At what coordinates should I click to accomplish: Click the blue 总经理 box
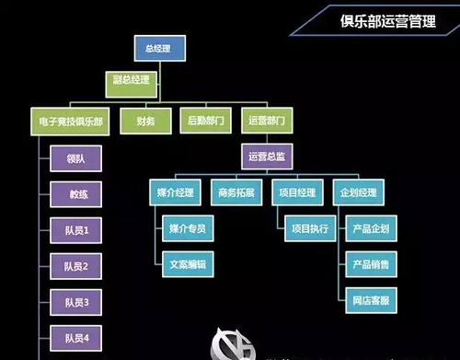click(x=160, y=48)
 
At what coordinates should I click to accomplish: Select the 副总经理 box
click(x=132, y=85)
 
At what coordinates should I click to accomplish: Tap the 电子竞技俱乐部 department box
click(x=70, y=122)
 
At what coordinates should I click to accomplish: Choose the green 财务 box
click(x=145, y=121)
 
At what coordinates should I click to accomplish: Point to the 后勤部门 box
click(x=206, y=121)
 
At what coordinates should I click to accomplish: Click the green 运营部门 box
click(x=267, y=121)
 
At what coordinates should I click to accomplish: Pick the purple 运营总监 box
click(x=267, y=157)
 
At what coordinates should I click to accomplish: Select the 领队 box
click(x=75, y=158)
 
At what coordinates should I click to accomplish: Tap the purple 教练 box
click(x=75, y=194)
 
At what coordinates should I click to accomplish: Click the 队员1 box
click(x=75, y=230)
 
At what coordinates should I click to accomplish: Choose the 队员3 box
click(x=75, y=302)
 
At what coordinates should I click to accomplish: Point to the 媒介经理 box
click(x=175, y=192)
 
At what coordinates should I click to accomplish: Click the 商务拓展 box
click(x=236, y=192)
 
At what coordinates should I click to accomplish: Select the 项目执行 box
click(x=310, y=228)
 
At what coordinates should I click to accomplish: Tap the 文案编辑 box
click(x=188, y=264)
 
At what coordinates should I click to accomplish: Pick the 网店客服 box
click(x=371, y=300)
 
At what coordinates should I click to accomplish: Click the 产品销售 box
click(x=371, y=264)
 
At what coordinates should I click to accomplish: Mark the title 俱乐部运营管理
click(x=387, y=21)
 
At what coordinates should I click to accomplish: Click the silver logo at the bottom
click(x=233, y=345)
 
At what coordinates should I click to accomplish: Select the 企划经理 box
click(x=359, y=192)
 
